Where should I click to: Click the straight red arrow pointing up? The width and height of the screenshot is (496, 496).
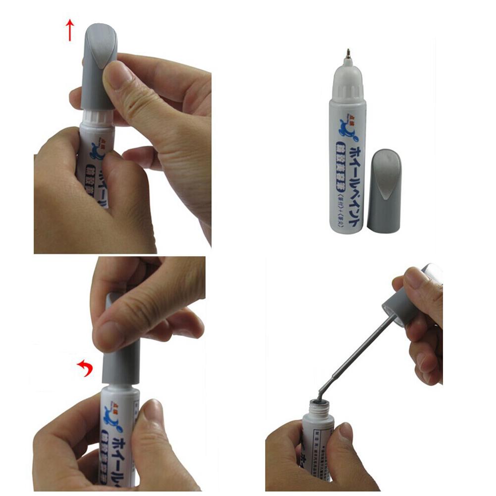(70, 30)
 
